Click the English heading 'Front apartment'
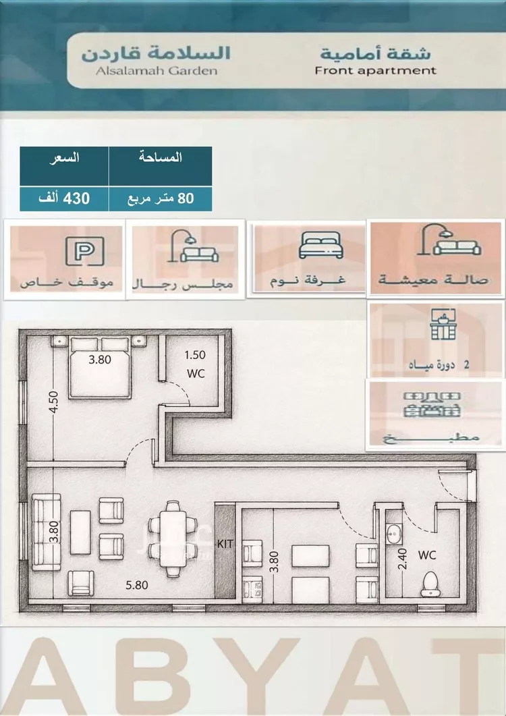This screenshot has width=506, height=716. (375, 71)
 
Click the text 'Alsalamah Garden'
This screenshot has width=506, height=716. (157, 71)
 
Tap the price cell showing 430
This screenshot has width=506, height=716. (64, 198)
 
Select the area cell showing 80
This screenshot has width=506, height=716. (161, 198)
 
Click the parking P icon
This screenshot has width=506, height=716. (84, 250)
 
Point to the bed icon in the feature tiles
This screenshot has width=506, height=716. (320, 245)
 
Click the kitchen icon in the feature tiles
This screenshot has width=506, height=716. (432, 404)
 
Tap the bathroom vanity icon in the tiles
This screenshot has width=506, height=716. (443, 324)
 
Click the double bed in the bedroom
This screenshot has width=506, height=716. (100, 368)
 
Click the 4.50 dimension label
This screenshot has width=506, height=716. (53, 402)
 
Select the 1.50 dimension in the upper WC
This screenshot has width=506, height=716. (195, 355)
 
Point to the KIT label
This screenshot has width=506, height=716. (225, 544)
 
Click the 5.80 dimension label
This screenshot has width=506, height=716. (137, 585)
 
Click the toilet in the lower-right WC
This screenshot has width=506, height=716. (430, 584)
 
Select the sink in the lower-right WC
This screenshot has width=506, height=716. (392, 534)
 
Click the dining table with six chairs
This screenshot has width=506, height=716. (173, 539)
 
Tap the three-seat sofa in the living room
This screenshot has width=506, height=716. (46, 532)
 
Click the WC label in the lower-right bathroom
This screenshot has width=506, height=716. (427, 555)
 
